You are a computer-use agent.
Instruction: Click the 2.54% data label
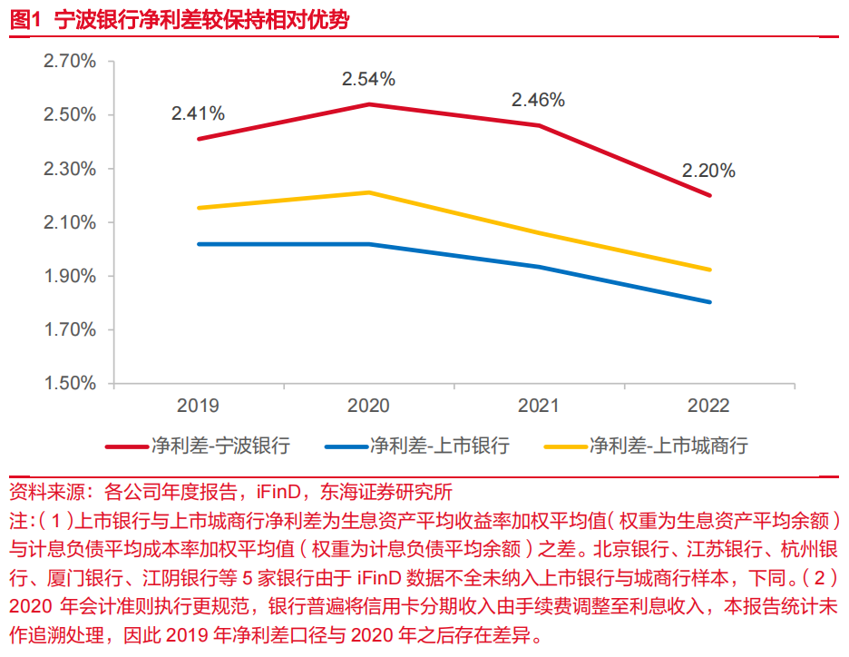[x=368, y=79]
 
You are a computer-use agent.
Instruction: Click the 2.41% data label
[x=198, y=113]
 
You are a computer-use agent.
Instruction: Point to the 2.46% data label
[x=538, y=100]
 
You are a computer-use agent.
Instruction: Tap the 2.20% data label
[x=708, y=171]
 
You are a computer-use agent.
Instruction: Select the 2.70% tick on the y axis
[x=70, y=62]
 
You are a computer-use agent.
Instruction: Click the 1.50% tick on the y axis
[x=70, y=383]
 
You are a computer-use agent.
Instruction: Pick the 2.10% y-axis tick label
[x=70, y=222]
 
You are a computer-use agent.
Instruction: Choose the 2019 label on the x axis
[x=198, y=407]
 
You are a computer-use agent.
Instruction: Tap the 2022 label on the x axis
[x=708, y=407]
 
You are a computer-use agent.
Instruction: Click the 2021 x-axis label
[x=539, y=407]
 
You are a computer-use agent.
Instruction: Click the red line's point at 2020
[x=368, y=104]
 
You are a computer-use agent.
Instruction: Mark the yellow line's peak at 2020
[x=368, y=192]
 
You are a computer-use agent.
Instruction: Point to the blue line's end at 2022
[x=709, y=302]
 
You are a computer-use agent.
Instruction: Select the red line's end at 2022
[x=709, y=195]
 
